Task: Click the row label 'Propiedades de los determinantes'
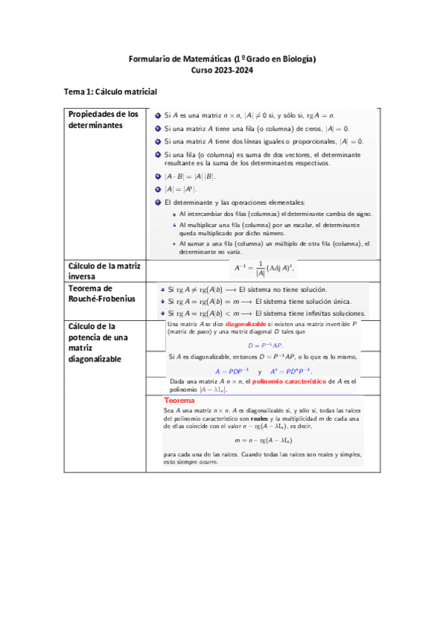coord(104,120)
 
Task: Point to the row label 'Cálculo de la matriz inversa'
coord(104,271)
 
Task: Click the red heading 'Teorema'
coord(180,400)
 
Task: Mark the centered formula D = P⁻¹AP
coord(265,345)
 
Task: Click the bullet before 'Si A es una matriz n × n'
coord(158,116)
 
